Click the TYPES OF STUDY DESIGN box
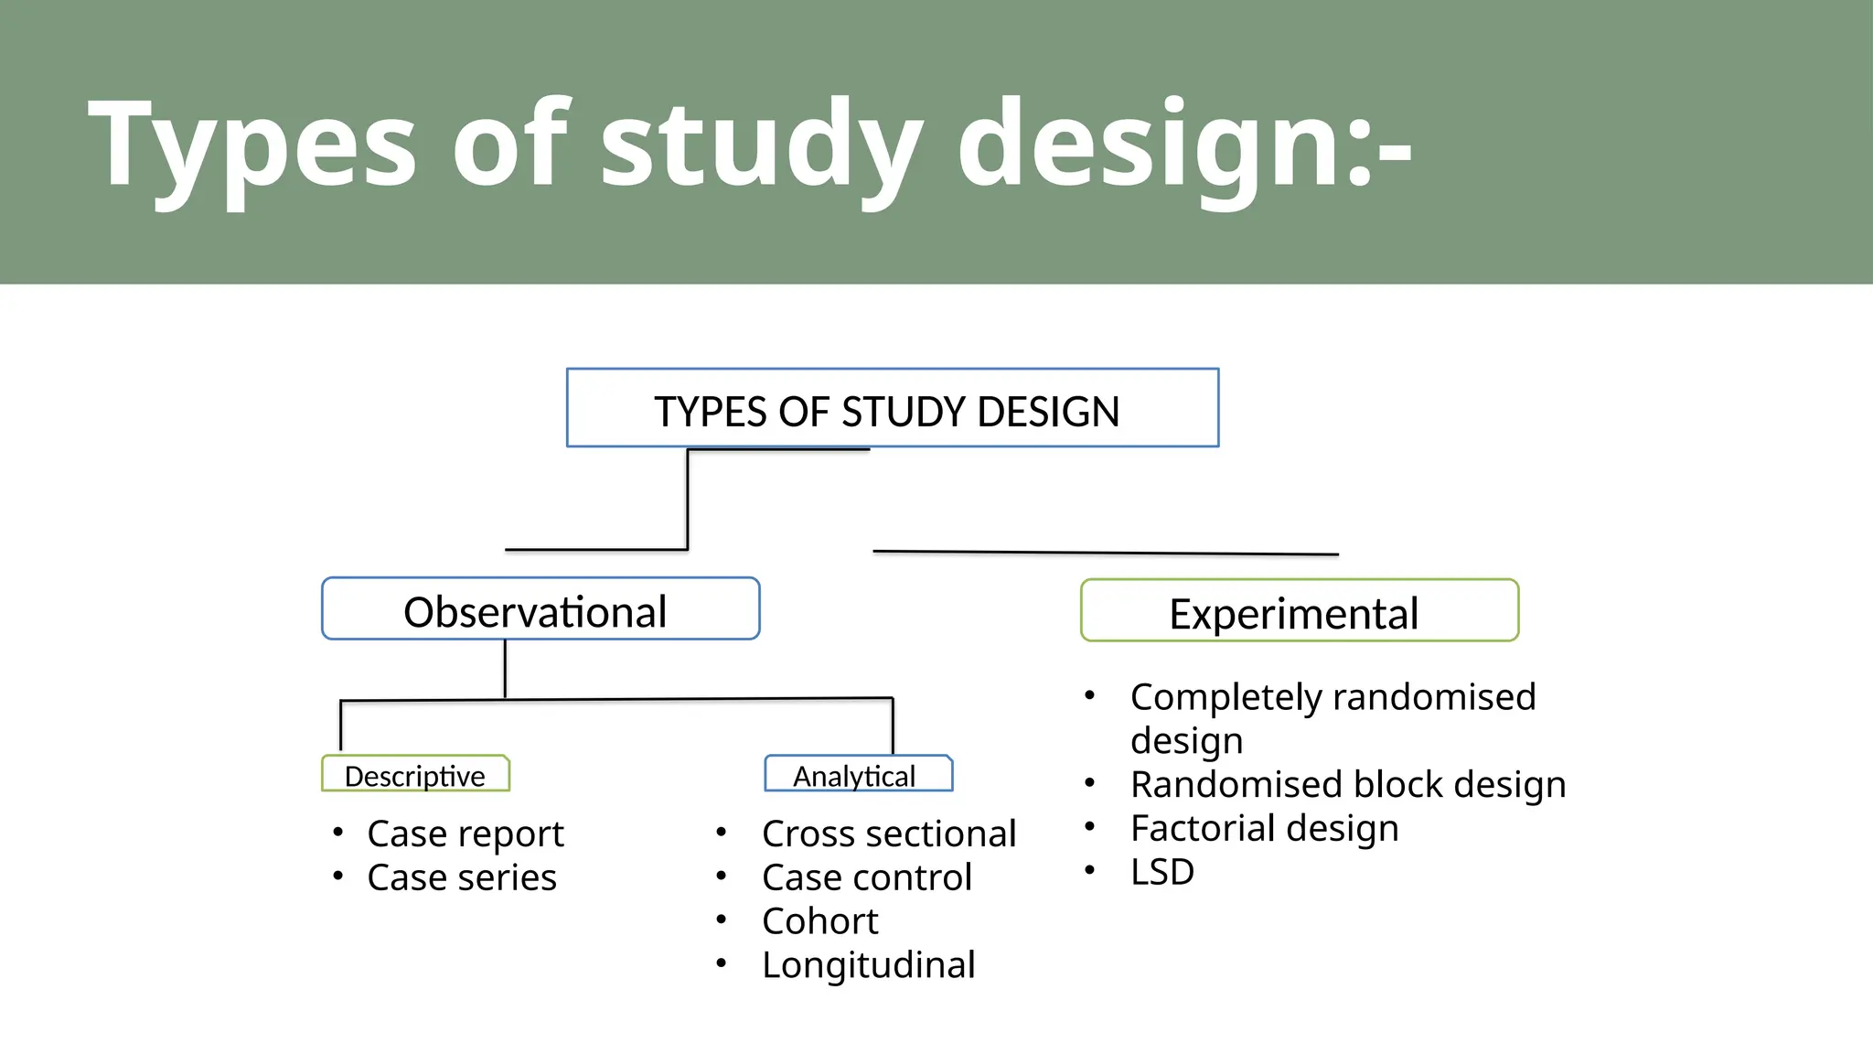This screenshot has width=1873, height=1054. click(x=892, y=409)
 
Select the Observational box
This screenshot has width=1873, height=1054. click(x=540, y=609)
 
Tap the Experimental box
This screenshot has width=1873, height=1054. click(x=1299, y=611)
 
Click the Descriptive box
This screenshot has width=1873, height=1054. click(x=415, y=774)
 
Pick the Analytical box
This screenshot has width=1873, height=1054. click(x=858, y=774)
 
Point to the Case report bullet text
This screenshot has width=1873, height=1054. click(x=465, y=834)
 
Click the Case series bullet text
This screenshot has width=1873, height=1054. click(x=461, y=877)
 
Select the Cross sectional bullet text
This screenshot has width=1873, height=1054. click(x=888, y=834)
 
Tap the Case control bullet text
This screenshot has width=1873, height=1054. click(x=866, y=877)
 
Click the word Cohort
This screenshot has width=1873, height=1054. click(x=819, y=921)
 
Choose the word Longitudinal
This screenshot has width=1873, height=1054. click(x=868, y=965)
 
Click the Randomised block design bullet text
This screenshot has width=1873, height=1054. click(x=1347, y=785)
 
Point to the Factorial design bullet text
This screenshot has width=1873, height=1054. click(x=1264, y=829)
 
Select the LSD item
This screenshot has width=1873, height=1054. click(x=1161, y=872)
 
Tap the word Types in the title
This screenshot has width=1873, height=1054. click(x=252, y=145)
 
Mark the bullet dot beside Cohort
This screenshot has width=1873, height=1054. click(x=722, y=919)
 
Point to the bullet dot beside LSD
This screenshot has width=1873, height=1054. click(x=1089, y=870)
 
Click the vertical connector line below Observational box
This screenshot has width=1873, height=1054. click(x=505, y=668)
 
